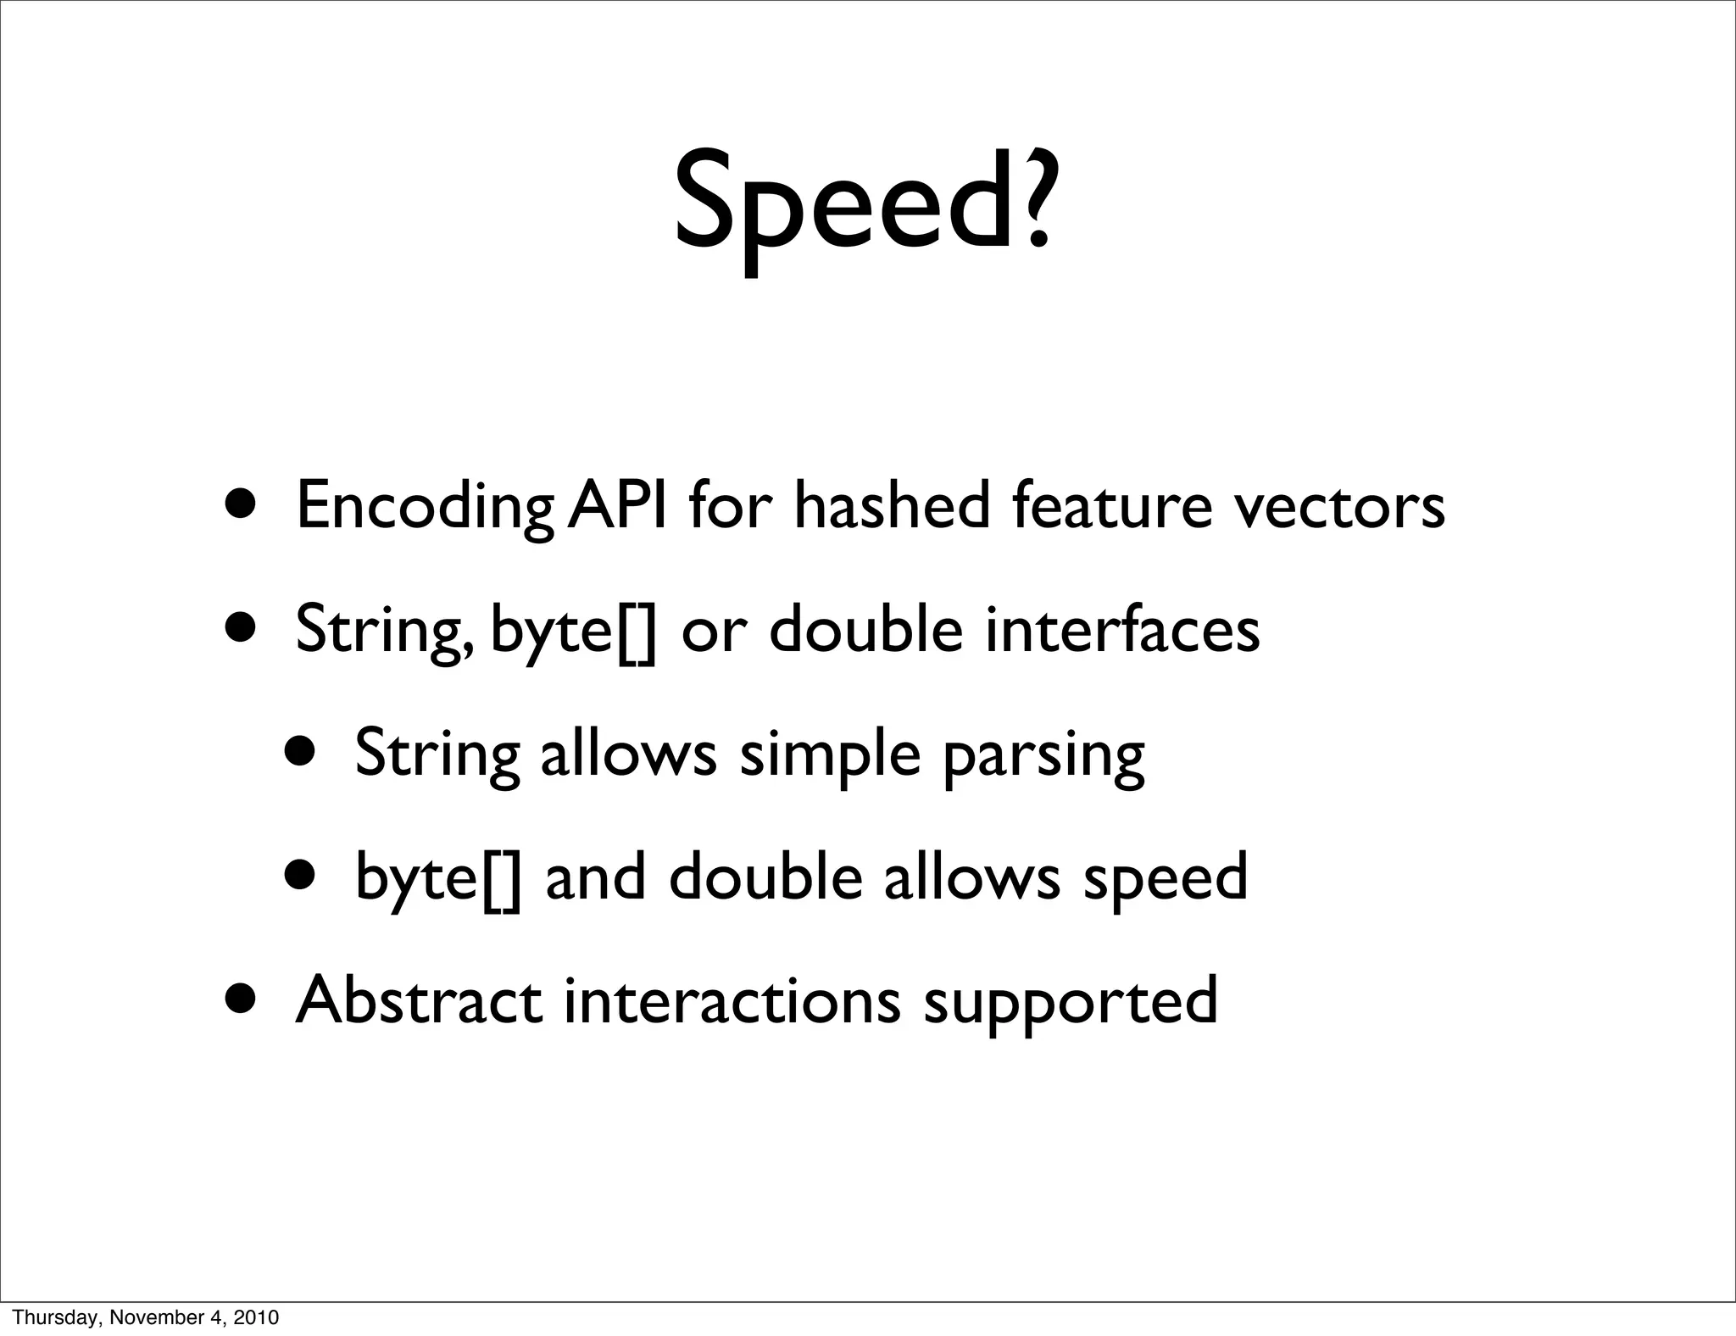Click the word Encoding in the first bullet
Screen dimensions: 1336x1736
tap(425, 506)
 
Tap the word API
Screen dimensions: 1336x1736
tap(618, 506)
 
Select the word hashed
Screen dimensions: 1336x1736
tap(892, 506)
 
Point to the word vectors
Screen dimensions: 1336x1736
tap(1338, 506)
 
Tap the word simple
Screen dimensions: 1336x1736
tap(830, 754)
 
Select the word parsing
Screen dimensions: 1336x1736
tap(1043, 754)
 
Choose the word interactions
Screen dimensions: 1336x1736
tap(732, 1000)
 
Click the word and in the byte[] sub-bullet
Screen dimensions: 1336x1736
tap(595, 877)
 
